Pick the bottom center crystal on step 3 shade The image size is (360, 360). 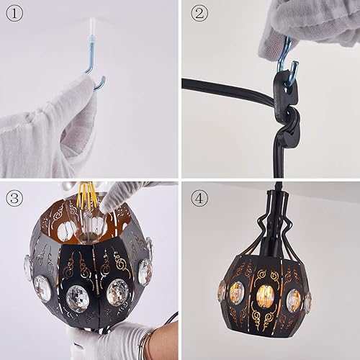pyautogui.click(x=78, y=297)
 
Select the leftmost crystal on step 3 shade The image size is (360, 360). pyautogui.click(x=27, y=268)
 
